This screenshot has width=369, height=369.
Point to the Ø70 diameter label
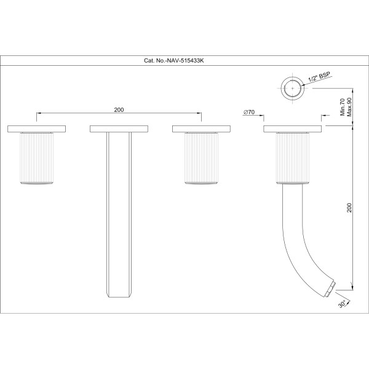tap(249, 113)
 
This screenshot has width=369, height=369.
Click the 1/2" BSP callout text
tap(319, 77)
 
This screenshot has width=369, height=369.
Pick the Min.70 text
tap(343, 107)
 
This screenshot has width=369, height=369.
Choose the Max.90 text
tap(349, 107)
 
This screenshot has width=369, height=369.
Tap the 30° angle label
tap(343, 304)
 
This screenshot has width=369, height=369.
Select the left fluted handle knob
tap(37, 158)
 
